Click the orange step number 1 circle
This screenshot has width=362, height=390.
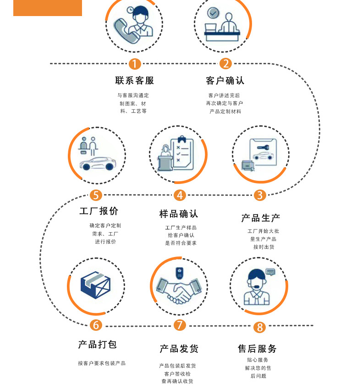click(x=134, y=64)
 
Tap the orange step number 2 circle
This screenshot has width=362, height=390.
click(x=225, y=64)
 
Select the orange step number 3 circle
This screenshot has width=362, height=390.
click(x=260, y=195)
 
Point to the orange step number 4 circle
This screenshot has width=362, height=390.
click(x=180, y=195)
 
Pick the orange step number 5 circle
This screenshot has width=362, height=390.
click(x=95, y=195)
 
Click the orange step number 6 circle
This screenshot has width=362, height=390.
click(x=96, y=325)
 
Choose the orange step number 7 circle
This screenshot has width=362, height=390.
click(x=180, y=325)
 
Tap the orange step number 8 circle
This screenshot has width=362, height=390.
click(x=260, y=327)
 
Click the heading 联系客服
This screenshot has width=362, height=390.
click(x=135, y=81)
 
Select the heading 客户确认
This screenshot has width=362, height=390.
click(x=225, y=81)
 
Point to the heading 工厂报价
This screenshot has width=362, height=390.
click(x=99, y=211)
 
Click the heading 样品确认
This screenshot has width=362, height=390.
click(x=179, y=214)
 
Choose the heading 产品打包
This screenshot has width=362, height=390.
click(x=98, y=345)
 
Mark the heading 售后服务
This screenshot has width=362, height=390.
click(x=258, y=349)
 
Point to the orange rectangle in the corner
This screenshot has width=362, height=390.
click(x=48, y=8)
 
